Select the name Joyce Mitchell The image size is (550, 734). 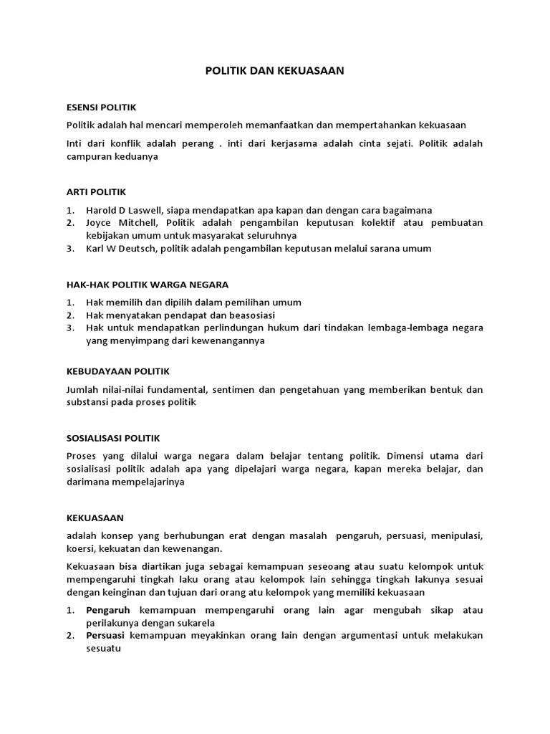click(117, 223)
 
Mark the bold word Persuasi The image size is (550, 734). click(106, 636)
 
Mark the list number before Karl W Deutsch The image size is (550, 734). click(70, 249)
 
